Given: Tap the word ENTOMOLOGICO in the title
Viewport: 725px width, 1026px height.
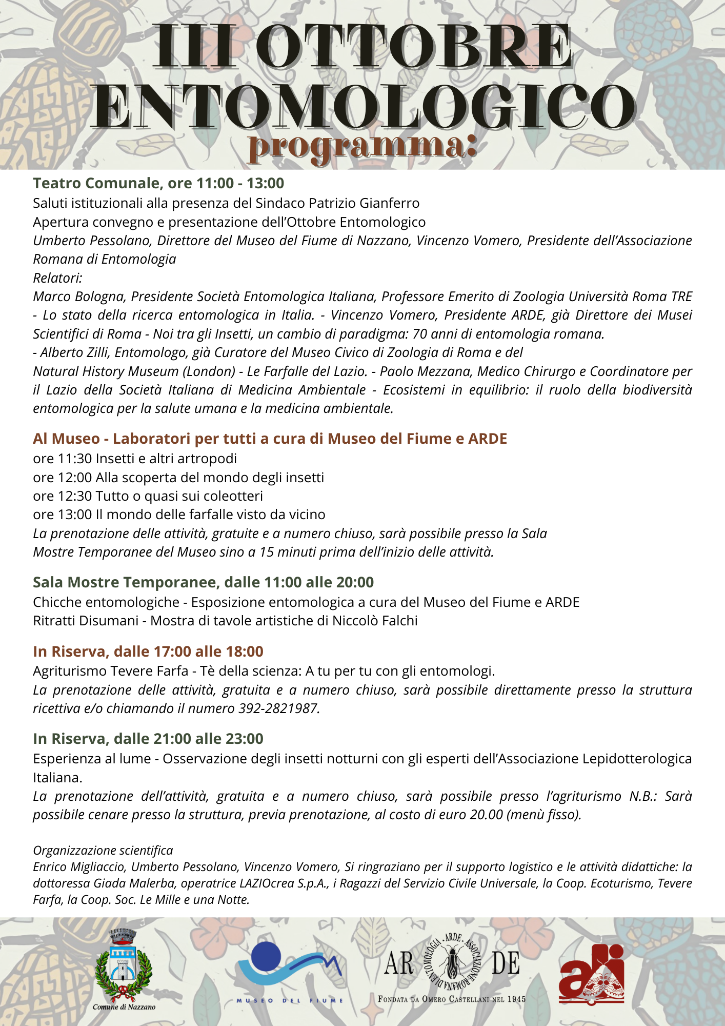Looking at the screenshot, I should tap(363, 107).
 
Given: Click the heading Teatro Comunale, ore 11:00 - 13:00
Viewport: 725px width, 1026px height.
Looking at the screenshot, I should tap(158, 183).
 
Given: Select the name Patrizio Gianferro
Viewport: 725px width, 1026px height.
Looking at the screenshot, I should tap(364, 203).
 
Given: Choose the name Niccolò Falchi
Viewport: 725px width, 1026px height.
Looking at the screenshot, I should tap(375, 621).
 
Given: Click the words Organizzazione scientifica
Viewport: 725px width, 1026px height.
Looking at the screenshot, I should tap(103, 850).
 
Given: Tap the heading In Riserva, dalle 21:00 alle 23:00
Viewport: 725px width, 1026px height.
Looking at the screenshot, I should tap(148, 739).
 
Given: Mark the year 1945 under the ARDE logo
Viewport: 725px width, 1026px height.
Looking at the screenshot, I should tap(517, 999).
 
